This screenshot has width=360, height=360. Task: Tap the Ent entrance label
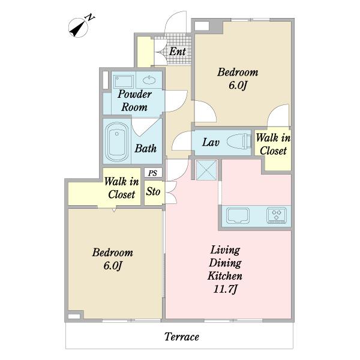177,52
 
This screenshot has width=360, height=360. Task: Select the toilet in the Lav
239,141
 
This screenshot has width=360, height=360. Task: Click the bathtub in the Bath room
116,142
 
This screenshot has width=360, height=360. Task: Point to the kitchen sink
238,215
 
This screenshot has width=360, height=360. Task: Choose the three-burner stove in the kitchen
277,215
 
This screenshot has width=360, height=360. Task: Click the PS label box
153,173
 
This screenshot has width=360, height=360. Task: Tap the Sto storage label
153,191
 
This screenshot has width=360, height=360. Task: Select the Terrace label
182,337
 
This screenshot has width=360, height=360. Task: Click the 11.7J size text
225,289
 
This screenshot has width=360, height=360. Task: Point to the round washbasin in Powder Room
149,80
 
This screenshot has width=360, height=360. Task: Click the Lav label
211,142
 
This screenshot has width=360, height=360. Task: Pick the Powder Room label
134,101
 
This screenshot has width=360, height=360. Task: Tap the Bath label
146,148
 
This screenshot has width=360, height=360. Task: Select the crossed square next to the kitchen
206,170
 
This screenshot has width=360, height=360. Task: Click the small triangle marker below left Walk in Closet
114,210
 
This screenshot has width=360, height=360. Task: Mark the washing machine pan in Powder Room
124,81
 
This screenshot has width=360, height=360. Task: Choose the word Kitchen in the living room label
225,276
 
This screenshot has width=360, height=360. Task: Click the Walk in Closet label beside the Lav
273,145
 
